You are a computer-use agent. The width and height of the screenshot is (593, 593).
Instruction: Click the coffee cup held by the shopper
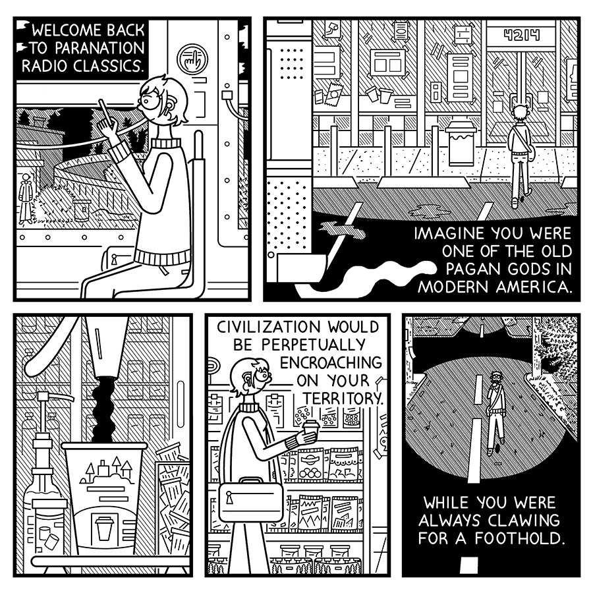pos(310,434)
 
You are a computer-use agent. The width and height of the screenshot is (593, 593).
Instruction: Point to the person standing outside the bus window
pos(26,195)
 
